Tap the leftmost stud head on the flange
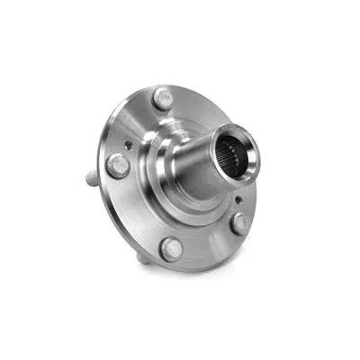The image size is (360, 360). pyautogui.click(x=118, y=165)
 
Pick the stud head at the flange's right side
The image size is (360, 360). pyautogui.click(x=240, y=223)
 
